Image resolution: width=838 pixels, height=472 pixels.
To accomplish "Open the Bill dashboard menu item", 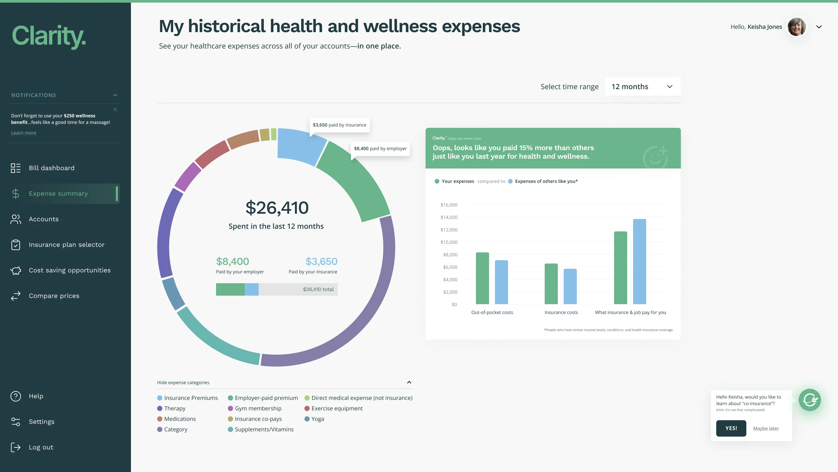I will (51, 168).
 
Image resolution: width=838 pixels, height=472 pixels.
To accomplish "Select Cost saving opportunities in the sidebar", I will (69, 270).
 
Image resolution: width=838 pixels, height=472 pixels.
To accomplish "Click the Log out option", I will (41, 447).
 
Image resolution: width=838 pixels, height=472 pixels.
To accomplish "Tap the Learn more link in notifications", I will (24, 133).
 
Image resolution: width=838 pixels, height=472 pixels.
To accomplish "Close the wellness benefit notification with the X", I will (115, 109).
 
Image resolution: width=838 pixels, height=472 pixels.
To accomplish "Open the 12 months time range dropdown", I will (642, 87).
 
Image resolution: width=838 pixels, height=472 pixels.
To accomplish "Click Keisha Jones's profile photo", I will (796, 27).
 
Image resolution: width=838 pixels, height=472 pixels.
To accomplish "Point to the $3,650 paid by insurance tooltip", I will (339, 125).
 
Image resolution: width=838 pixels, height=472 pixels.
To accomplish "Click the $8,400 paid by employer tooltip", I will (380, 148).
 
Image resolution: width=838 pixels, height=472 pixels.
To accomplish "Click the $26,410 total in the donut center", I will (277, 208).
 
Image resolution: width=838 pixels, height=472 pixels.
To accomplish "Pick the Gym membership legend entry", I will (258, 408).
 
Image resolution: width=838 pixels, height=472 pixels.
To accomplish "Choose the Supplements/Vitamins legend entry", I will (264, 429).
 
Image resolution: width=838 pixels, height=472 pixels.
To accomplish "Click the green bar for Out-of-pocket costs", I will (482, 279).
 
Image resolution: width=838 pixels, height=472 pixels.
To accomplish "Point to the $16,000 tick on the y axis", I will (449, 205).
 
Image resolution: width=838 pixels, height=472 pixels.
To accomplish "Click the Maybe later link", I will (766, 428).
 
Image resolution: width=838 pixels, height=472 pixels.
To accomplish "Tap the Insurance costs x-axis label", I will (561, 312).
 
